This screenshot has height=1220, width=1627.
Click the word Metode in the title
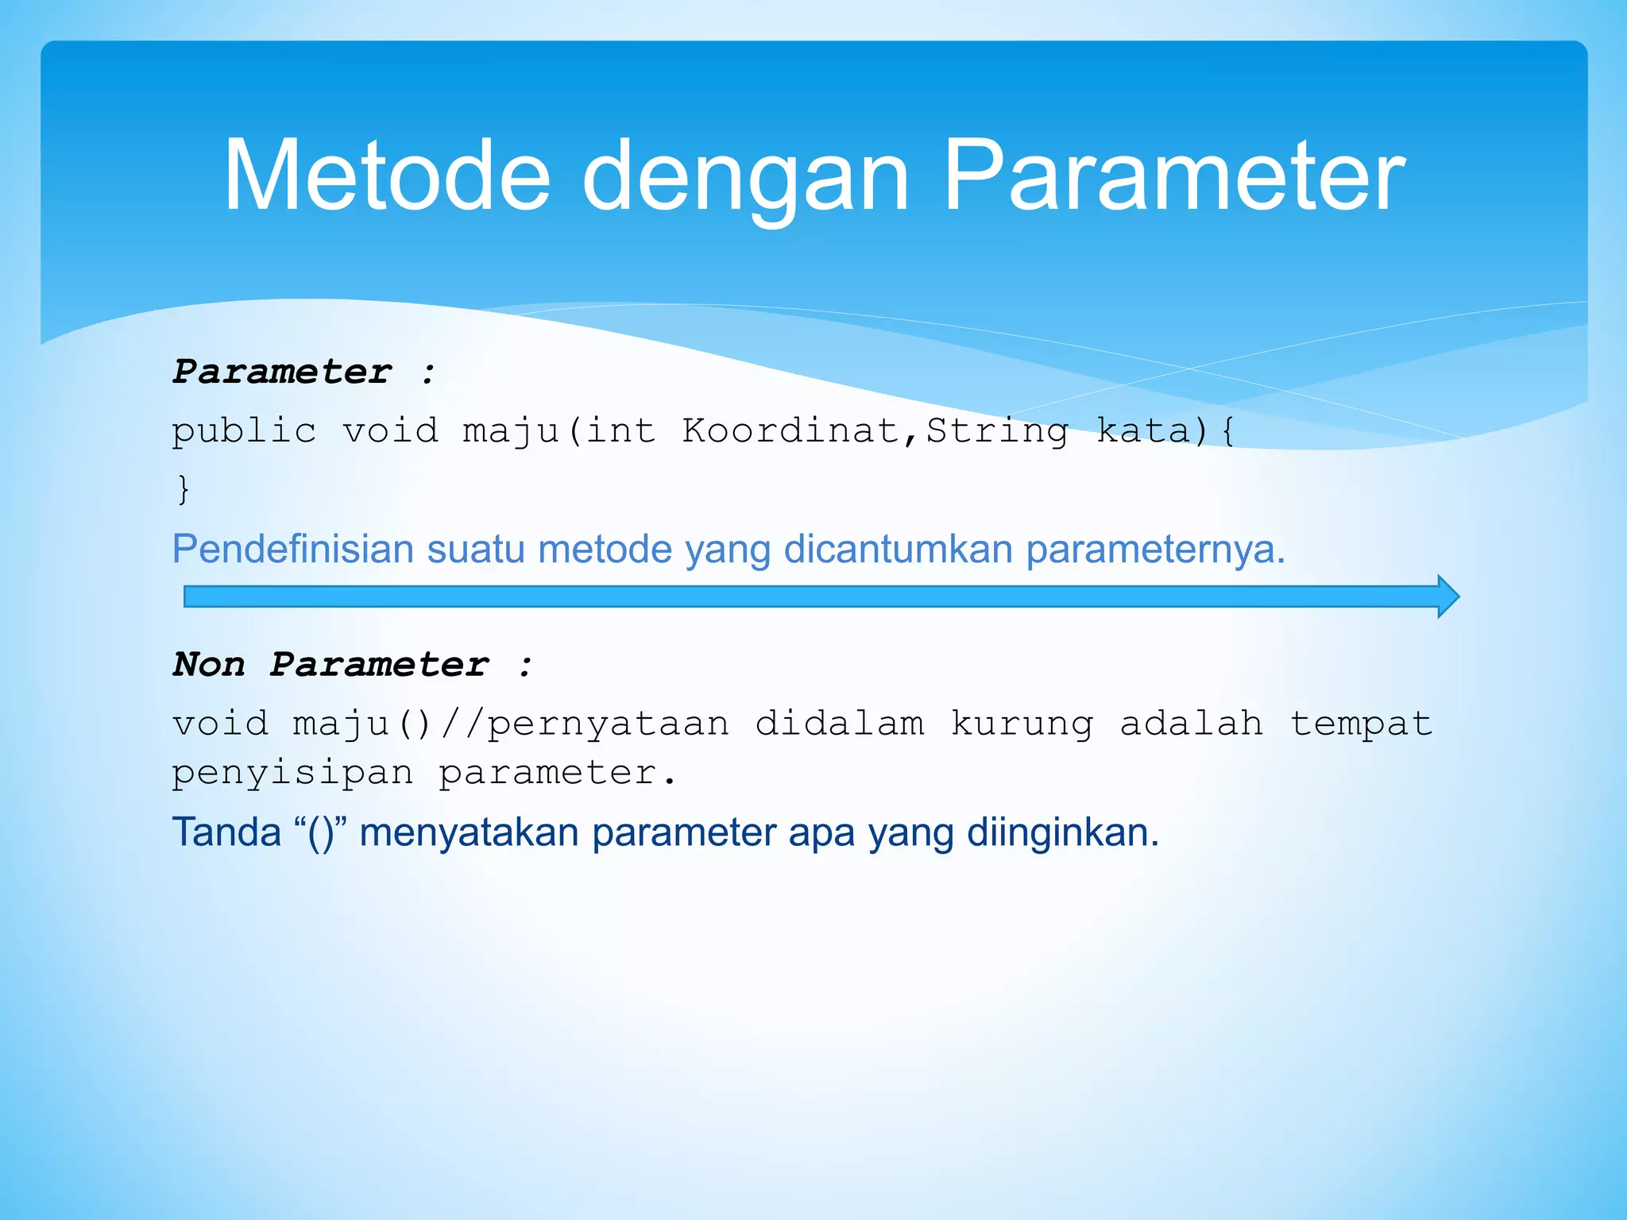387,176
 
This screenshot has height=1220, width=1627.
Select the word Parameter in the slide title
1173,176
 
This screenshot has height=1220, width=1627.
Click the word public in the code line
244,431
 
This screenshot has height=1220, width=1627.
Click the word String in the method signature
998,431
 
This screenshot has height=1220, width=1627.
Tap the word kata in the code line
1144,430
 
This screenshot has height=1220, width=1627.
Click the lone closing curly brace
184,488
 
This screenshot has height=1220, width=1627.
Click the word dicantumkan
898,550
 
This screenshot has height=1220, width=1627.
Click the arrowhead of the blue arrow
1448,596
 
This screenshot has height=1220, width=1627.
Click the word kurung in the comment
1022,724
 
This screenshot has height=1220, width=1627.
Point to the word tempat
1361,724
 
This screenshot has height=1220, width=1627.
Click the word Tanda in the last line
227,832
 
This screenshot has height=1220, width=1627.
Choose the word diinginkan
1062,832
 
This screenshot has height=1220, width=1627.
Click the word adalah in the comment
1191,724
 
